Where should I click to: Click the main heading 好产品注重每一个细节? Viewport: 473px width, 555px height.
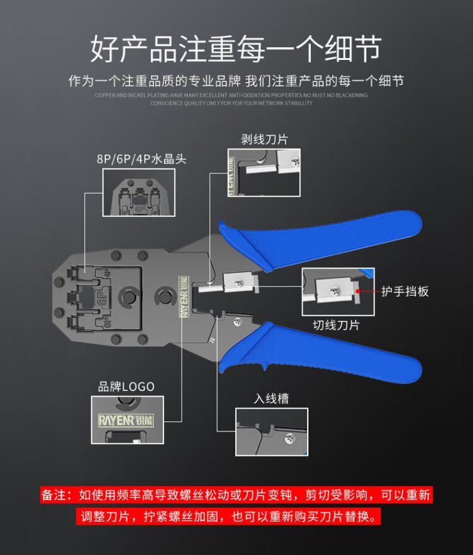pyautogui.click(x=236, y=49)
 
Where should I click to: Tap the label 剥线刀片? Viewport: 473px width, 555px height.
pyautogui.click(x=264, y=139)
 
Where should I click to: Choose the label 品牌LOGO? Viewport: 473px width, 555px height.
pyautogui.click(x=126, y=387)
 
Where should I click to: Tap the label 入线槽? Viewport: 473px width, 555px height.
pyautogui.click(x=272, y=399)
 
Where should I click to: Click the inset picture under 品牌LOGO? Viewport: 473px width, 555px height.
pyautogui.click(x=127, y=423)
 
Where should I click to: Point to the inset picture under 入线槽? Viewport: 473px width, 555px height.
pyautogui.click(x=272, y=431)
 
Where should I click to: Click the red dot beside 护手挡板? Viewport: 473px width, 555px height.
pyautogui.click(x=358, y=291)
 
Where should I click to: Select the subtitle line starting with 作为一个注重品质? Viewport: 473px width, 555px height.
pyautogui.click(x=236, y=81)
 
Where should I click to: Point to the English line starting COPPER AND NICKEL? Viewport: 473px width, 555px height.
pyautogui.click(x=231, y=95)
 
